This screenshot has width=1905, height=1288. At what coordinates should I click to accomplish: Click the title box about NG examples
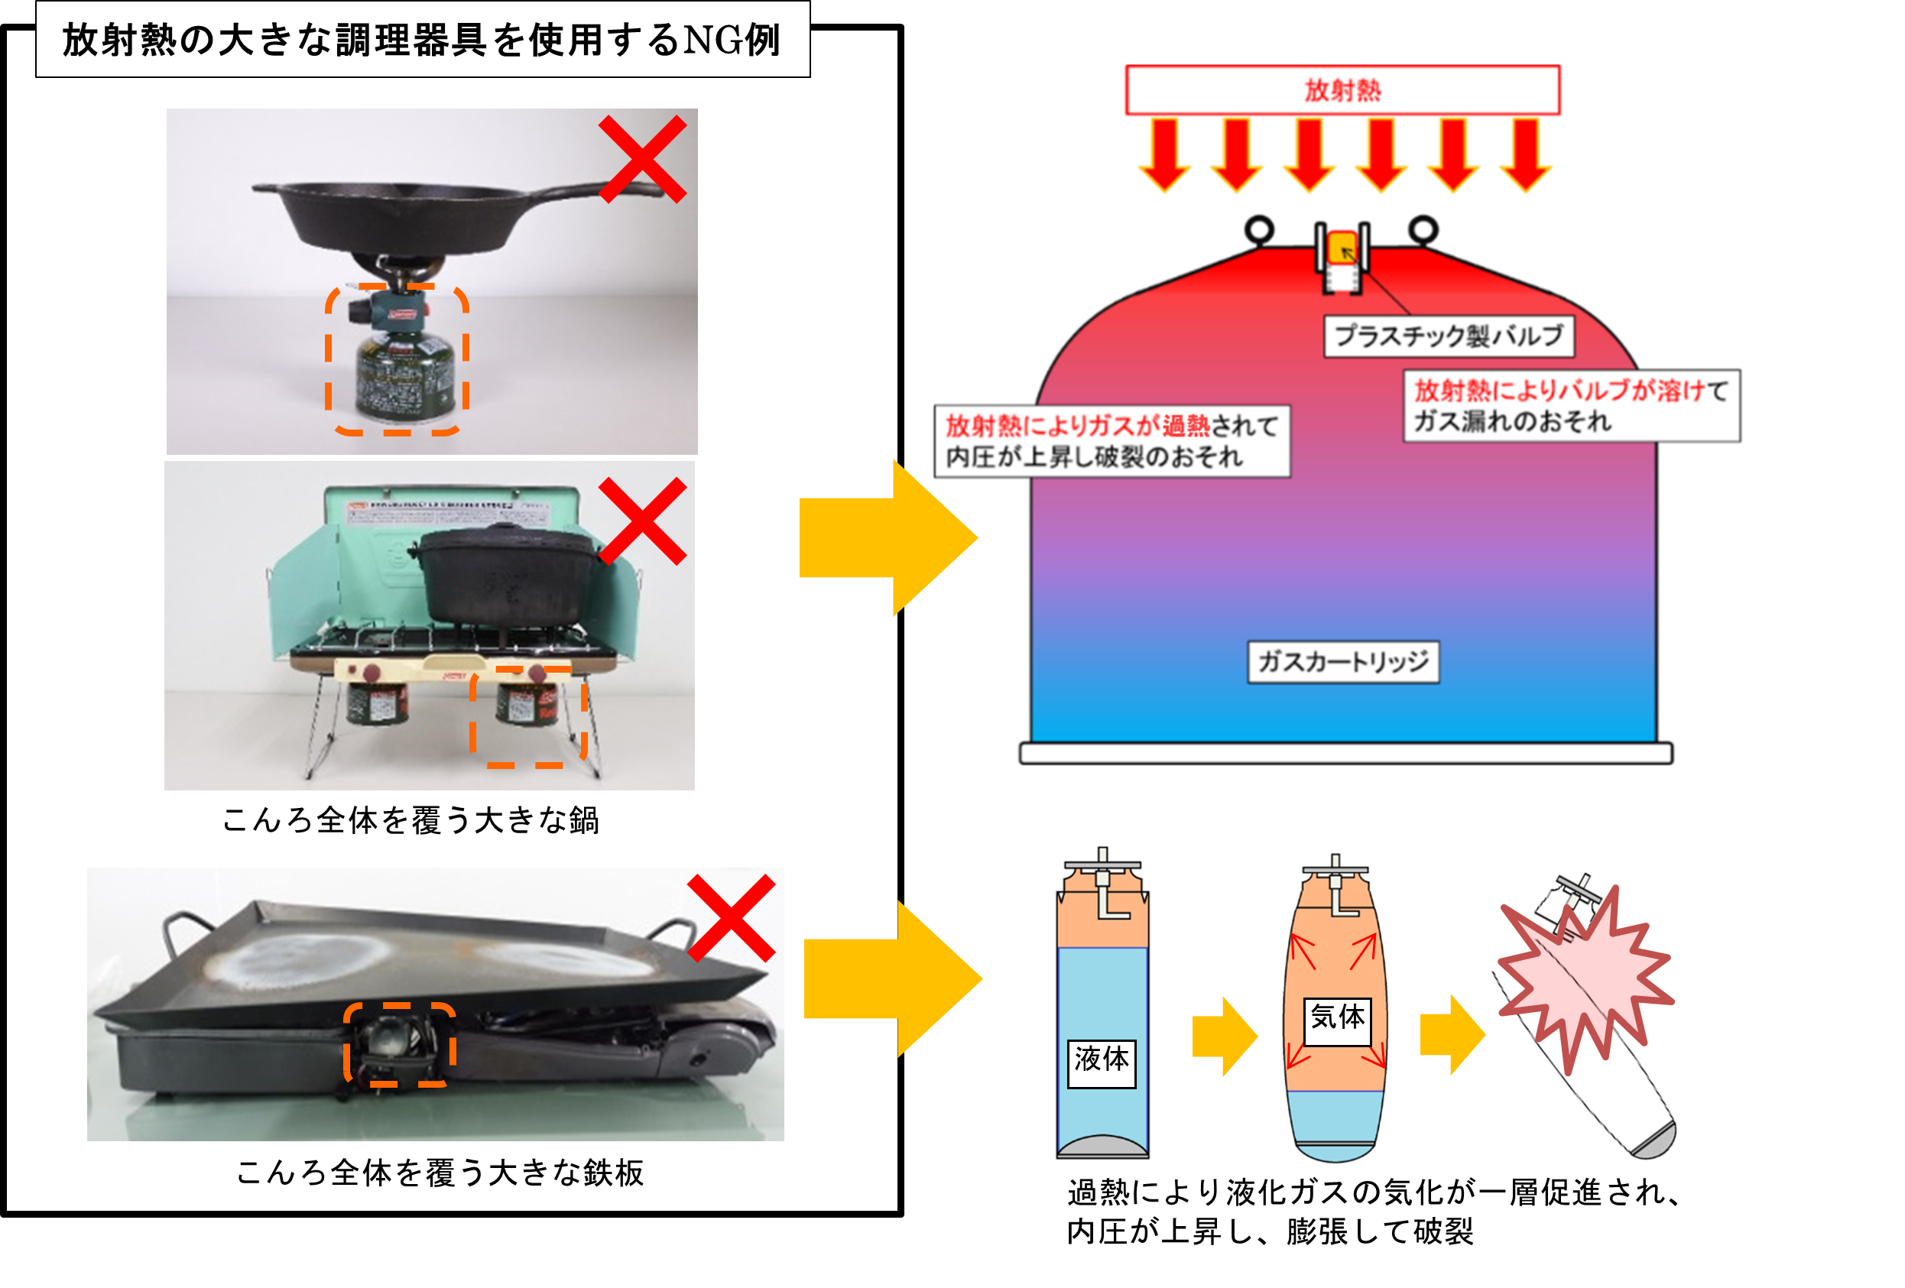[422, 39]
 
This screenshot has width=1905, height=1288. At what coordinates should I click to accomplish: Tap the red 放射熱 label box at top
[1342, 90]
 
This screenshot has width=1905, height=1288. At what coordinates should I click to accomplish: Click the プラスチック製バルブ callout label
[1449, 336]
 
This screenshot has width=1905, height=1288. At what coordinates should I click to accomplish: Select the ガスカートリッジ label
[1342, 662]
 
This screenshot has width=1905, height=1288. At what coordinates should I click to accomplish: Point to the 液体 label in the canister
[1101, 1059]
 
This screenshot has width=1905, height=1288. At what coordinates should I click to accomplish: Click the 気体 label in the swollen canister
[1337, 1017]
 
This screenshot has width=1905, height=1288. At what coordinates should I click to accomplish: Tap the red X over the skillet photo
[642, 159]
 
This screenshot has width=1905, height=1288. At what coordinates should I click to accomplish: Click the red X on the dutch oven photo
[642, 521]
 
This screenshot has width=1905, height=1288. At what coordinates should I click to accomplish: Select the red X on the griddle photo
[730, 917]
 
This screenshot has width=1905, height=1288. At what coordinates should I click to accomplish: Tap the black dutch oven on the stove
[508, 574]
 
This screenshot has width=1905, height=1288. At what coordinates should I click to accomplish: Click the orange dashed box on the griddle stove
[399, 1044]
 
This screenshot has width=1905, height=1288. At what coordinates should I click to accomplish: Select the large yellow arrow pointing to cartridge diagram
[885, 538]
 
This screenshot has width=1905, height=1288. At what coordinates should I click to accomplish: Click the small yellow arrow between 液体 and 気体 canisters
[1224, 1037]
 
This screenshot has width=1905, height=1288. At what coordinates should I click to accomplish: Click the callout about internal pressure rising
[1112, 441]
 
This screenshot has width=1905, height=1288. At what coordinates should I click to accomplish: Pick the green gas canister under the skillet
[401, 377]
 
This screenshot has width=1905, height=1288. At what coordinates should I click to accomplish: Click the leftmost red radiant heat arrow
[1164, 156]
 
